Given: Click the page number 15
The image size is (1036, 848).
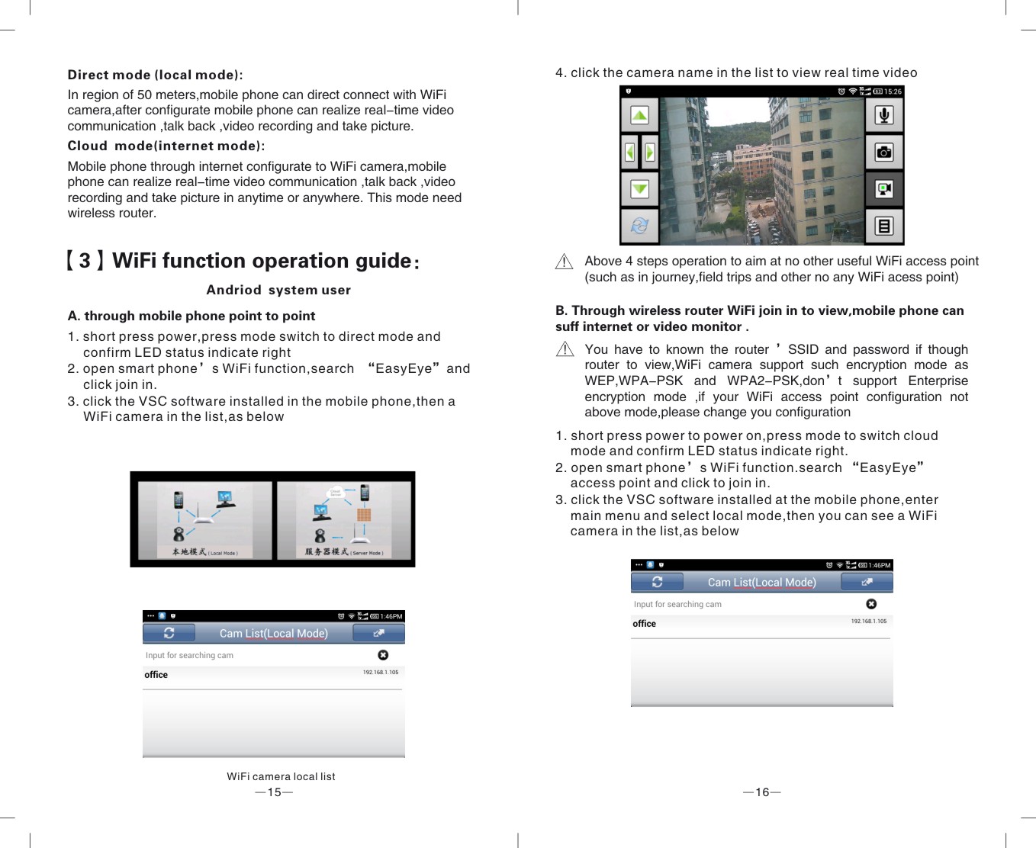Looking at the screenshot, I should pyautogui.click(x=274, y=792).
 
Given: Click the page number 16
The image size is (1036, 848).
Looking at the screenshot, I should pyautogui.click(x=762, y=792).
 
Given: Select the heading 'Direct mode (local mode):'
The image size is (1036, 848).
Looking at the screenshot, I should pyautogui.click(x=155, y=75).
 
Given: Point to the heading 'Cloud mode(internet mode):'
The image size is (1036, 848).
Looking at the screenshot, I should pyautogui.click(x=166, y=146).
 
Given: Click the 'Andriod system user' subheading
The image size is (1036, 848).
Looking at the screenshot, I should pyautogui.click(x=278, y=290).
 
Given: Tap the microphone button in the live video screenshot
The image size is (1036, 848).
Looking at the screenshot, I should pyautogui.click(x=883, y=115).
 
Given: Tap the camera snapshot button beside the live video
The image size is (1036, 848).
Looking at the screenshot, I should pyautogui.click(x=883, y=152).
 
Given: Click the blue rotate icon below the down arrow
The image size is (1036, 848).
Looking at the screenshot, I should pyautogui.click(x=639, y=225).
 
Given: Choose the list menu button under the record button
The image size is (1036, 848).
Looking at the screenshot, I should pyautogui.click(x=883, y=226).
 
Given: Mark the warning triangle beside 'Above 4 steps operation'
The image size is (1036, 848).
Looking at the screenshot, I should pyautogui.click(x=564, y=262).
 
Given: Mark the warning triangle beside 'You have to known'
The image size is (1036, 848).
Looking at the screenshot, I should pyautogui.click(x=565, y=349).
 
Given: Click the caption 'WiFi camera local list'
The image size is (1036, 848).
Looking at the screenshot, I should pyautogui.click(x=281, y=776).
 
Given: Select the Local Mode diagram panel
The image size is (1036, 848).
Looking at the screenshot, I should pyautogui.click(x=204, y=520).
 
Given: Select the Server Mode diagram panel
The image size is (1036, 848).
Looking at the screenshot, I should pyautogui.click(x=343, y=520).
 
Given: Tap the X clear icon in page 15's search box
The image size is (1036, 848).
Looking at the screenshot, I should pyautogui.click(x=383, y=655).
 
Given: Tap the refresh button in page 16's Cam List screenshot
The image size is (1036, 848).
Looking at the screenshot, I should pyautogui.click(x=657, y=582).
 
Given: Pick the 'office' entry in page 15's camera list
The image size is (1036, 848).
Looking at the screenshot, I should pyautogui.click(x=156, y=675).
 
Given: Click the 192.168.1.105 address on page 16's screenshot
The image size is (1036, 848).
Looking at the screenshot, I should pyautogui.click(x=869, y=622).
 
